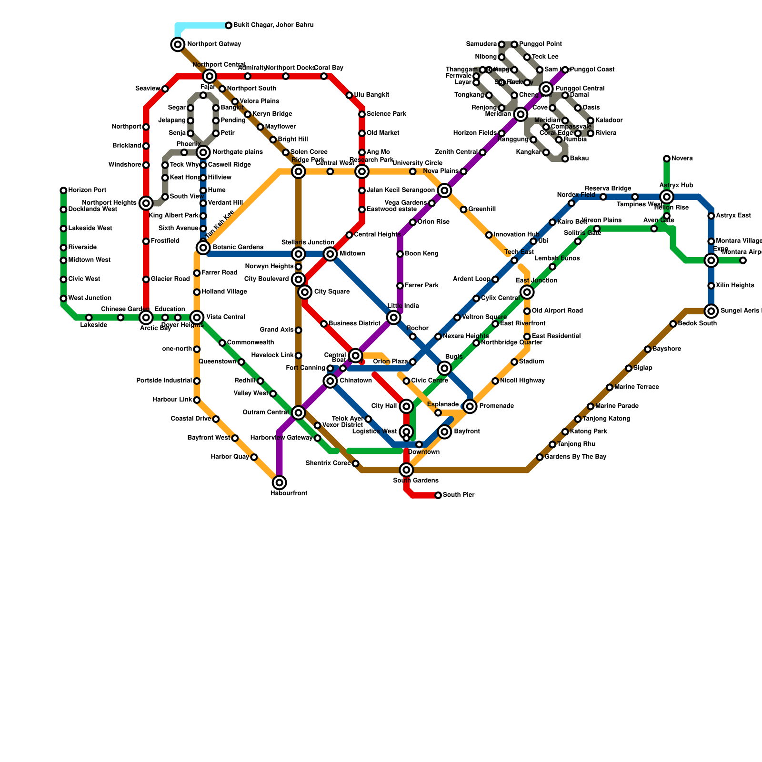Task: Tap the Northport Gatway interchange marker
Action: [x=178, y=45]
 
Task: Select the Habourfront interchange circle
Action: [x=280, y=483]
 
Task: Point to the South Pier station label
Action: [x=458, y=495]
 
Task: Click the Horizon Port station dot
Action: [x=63, y=190]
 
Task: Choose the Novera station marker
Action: [x=667, y=159]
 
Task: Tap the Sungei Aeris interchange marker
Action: [x=712, y=311]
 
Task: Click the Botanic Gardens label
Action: [x=237, y=248]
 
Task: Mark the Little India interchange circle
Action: [x=393, y=318]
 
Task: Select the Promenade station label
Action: [x=496, y=406]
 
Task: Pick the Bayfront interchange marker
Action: [x=445, y=432]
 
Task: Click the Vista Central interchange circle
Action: [x=197, y=317]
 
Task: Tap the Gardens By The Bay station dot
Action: [x=540, y=457]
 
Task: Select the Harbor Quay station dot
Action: [x=254, y=457]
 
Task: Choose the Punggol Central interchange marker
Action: [x=546, y=89]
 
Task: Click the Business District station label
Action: [x=354, y=324]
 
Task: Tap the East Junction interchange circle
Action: [x=527, y=292]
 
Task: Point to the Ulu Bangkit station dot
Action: [x=349, y=95]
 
